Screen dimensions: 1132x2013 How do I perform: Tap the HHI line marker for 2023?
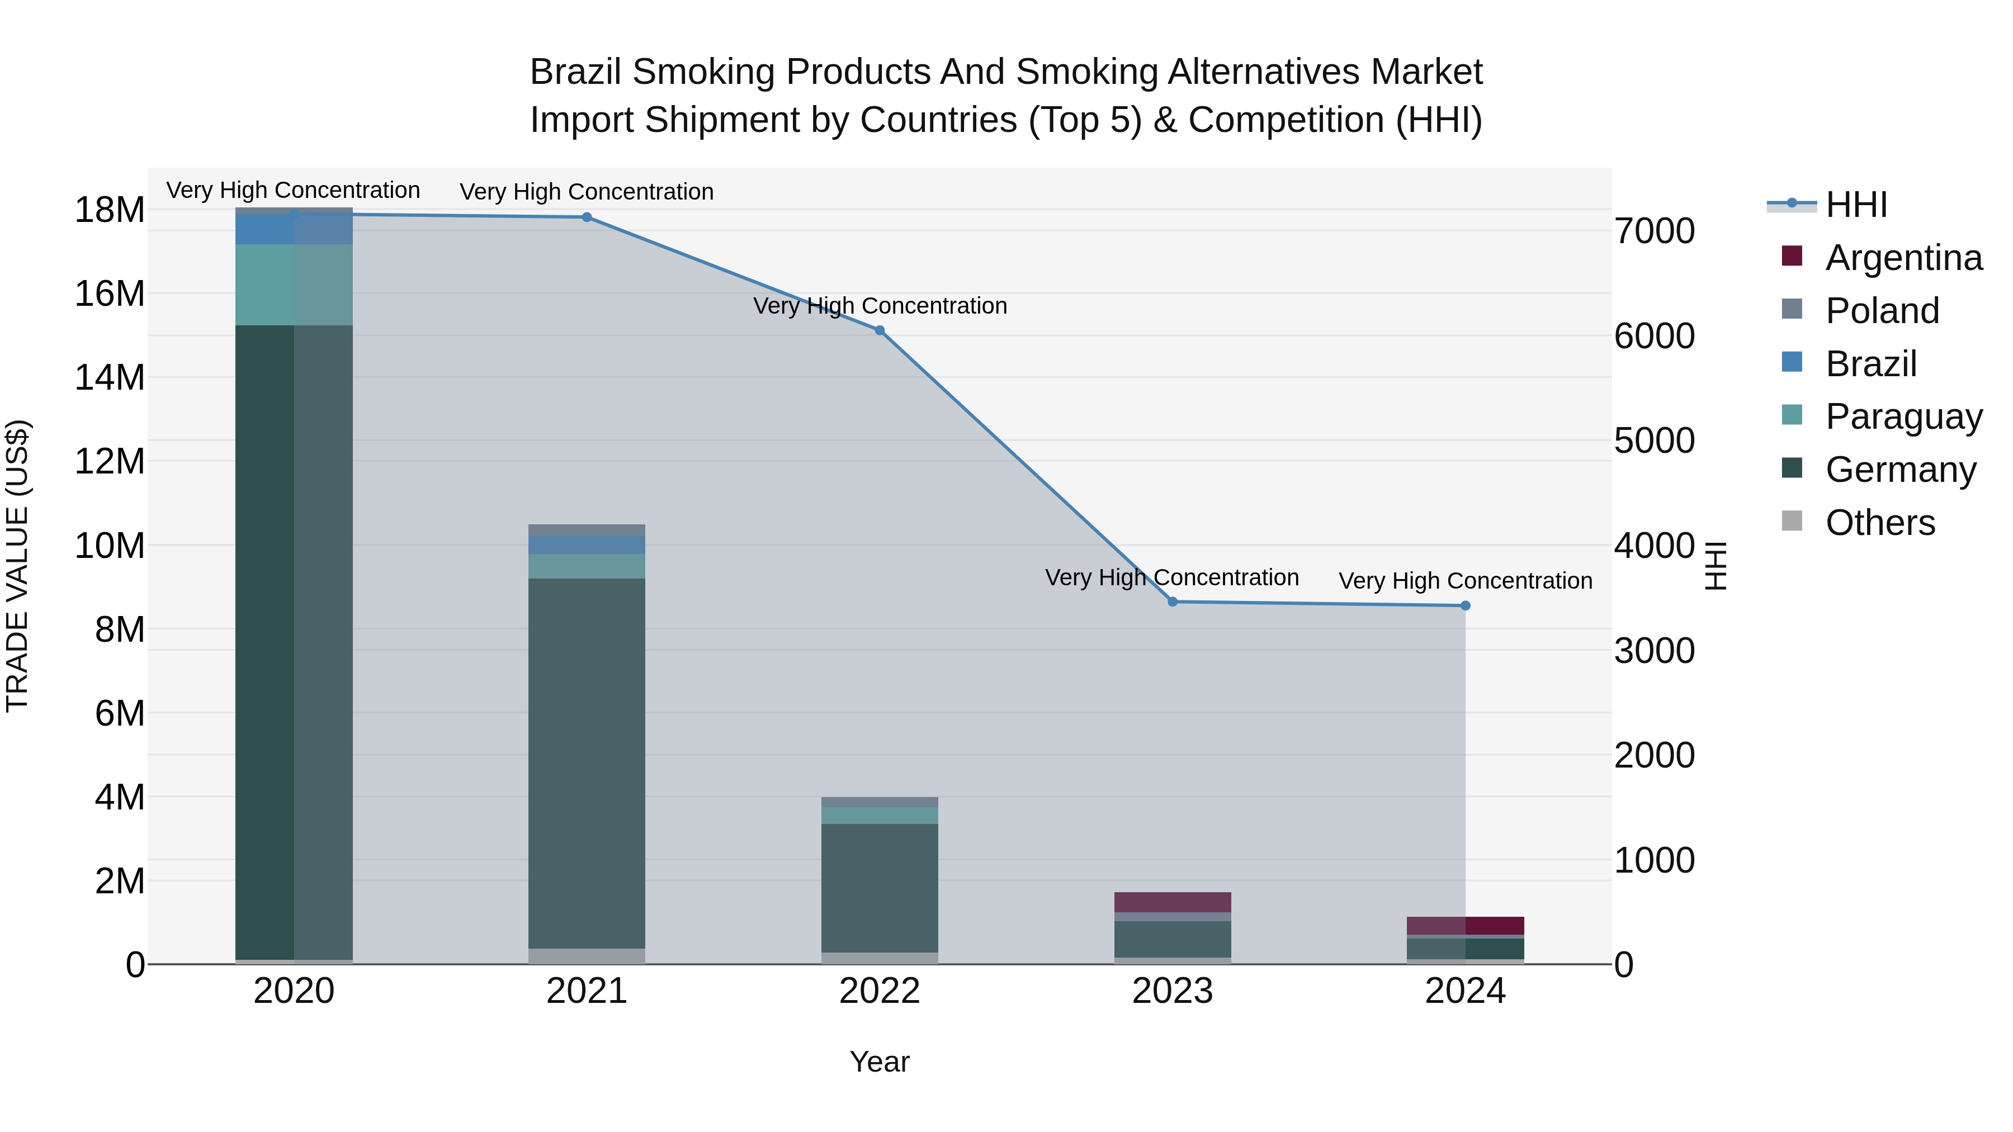1172,601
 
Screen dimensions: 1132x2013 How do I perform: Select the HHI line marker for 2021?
587,217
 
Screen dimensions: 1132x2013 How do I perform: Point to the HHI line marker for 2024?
1465,605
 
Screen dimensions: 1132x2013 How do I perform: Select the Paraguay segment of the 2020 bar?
294,285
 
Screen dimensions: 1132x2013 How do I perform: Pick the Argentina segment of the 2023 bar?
1172,902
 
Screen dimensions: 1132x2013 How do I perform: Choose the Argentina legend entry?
1903,258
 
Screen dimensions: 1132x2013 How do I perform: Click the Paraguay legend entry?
1903,416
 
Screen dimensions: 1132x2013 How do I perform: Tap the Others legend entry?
1880,523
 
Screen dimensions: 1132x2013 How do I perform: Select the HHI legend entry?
1856,205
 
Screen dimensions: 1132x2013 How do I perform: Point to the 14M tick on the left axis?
110,377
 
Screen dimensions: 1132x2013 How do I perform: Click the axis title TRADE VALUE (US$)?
17,566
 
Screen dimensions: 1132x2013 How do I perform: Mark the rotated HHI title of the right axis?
1716,566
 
